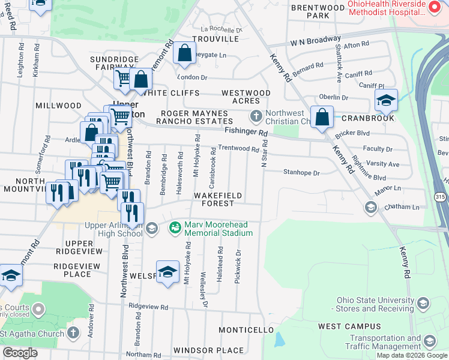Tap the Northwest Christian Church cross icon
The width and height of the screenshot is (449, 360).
click(256, 115)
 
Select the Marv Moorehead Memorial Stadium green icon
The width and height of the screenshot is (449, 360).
click(175, 227)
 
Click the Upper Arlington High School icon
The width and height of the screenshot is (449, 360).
click(152, 227)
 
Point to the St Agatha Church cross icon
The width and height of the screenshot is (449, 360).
click(73, 332)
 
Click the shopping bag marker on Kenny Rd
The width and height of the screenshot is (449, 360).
click(322, 117)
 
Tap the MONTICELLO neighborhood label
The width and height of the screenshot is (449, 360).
click(246, 331)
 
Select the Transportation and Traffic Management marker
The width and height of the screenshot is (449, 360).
click(429, 341)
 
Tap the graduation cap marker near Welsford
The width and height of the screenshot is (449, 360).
click(168, 271)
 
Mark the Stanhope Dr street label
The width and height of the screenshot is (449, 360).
click(301, 173)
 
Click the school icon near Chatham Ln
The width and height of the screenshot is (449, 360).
click(370, 208)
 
